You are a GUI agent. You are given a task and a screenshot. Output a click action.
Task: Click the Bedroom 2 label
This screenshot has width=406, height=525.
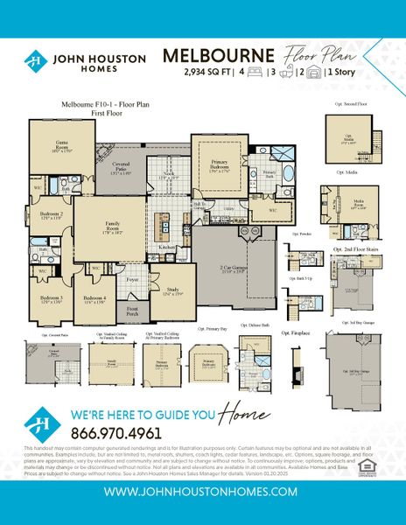[x=52, y=215]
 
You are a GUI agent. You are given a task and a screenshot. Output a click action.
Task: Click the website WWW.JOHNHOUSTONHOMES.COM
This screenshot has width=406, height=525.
[x=202, y=492]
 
